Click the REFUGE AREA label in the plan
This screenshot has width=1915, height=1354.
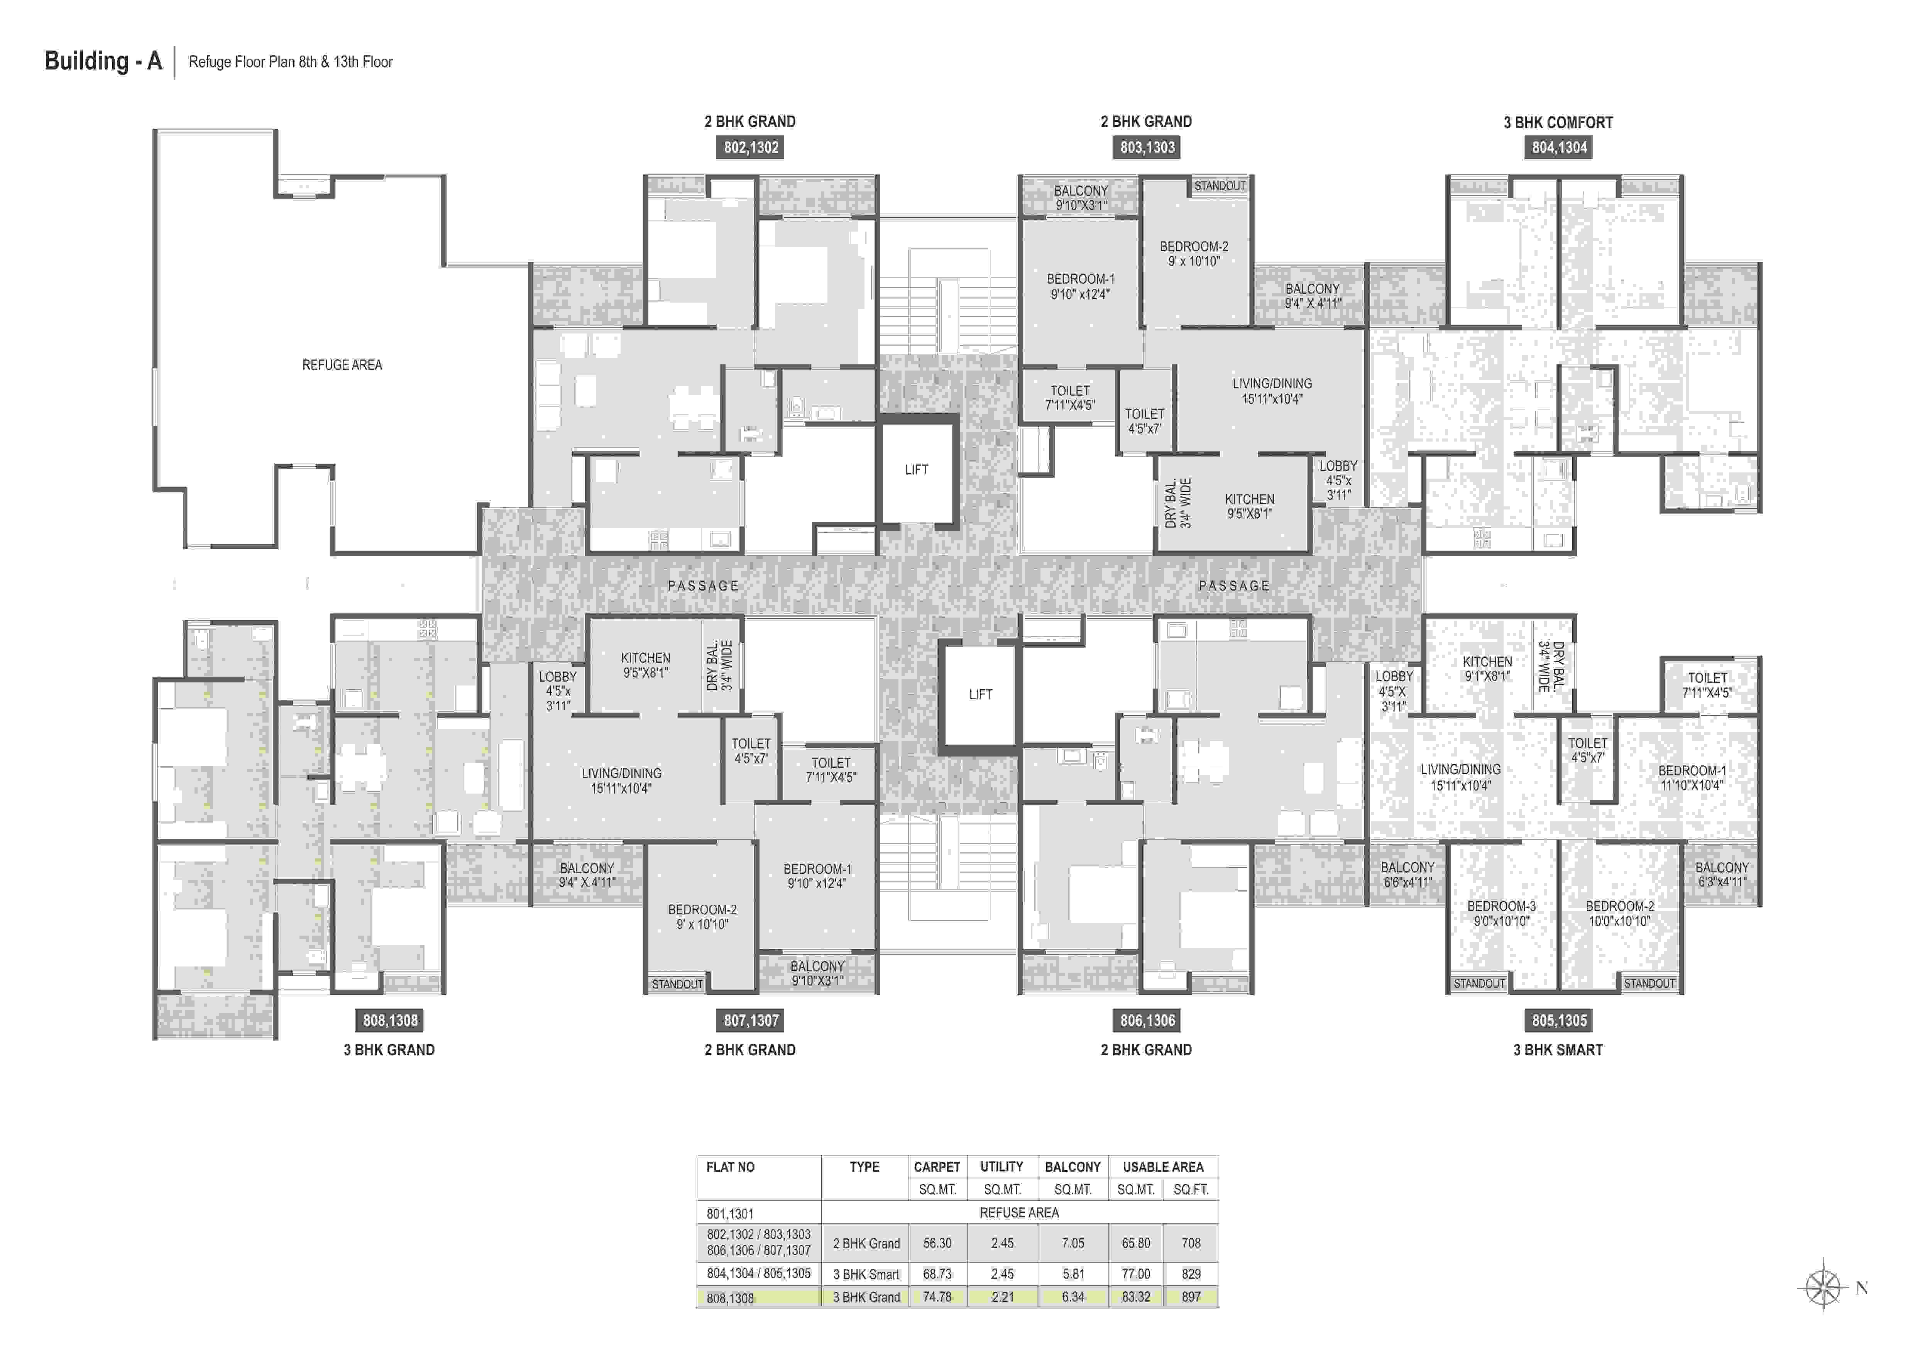pos(342,365)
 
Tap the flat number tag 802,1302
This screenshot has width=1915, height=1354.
pos(751,148)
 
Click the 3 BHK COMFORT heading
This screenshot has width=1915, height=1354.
pos(1558,123)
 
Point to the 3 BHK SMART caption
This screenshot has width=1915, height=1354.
pos(1558,1049)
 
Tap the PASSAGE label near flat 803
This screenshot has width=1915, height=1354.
pos(1233,586)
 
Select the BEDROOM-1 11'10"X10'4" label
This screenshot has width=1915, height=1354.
pos(1692,777)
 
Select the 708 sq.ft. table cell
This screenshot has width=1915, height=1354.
pos(1191,1243)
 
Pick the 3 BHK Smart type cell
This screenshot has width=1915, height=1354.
pos(866,1274)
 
